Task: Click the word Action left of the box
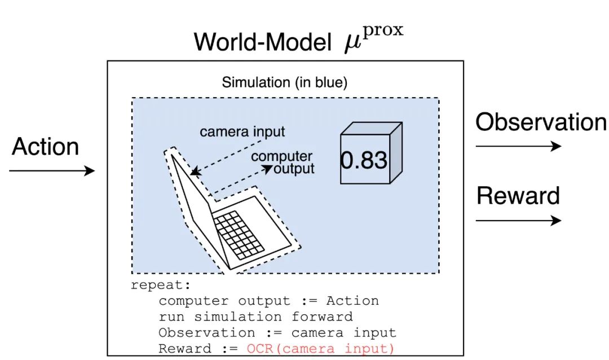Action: pos(46,147)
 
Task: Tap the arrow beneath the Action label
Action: pos(52,170)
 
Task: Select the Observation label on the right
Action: pos(541,122)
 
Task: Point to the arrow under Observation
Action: pos(518,147)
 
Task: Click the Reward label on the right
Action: pos(518,196)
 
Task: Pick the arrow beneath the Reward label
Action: pos(518,220)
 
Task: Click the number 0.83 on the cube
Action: pos(364,161)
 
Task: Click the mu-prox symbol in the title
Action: pos(374,39)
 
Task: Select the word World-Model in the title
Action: pos(262,42)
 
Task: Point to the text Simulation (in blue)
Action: pos(285,82)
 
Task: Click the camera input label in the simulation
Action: pos(242,132)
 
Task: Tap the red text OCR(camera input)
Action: pos(320,349)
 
